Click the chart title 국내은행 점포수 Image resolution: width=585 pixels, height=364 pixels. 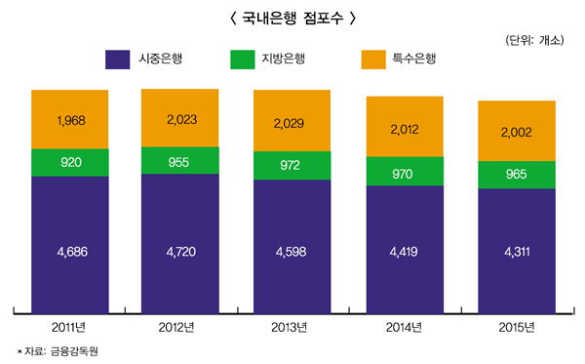[x=292, y=18]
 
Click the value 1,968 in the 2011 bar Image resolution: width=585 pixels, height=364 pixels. [x=70, y=120]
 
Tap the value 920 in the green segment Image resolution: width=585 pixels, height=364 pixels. [x=70, y=162]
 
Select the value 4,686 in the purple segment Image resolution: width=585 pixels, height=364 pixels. [x=70, y=252]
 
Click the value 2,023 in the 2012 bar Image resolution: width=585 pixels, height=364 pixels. [x=180, y=120]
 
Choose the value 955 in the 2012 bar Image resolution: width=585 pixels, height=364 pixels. [x=180, y=160]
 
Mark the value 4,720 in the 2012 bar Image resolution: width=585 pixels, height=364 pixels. [x=180, y=252]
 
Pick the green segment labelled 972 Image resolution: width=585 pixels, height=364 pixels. [x=292, y=165]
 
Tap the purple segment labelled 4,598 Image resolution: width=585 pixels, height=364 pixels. [x=292, y=252]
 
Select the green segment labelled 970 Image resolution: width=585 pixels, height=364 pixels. [x=405, y=172]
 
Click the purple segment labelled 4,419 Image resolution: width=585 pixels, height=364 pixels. [x=405, y=252]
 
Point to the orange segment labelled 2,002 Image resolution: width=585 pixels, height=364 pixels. [x=517, y=132]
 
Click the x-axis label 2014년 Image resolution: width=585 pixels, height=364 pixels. [x=405, y=326]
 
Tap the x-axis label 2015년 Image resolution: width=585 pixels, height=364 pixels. [x=517, y=326]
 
